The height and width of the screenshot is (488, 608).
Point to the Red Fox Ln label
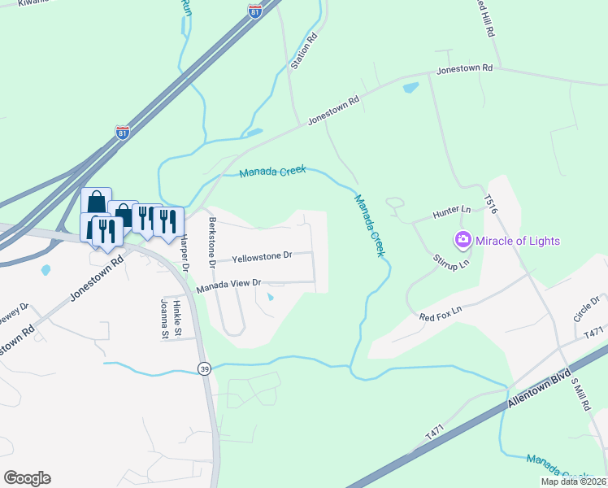coord(441,311)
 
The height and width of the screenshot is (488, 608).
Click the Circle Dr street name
coord(586,309)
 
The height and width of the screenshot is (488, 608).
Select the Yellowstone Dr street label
coord(261,257)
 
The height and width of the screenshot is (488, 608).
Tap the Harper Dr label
coord(185,253)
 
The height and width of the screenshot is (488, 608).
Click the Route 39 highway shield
coord(203,368)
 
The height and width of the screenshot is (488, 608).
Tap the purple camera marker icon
coord(463,240)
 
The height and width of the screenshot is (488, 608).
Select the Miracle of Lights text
coord(518,241)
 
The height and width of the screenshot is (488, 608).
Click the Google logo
coord(27,478)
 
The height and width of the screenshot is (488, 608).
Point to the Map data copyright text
coord(572,481)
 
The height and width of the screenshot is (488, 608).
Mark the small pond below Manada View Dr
coord(271,297)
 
